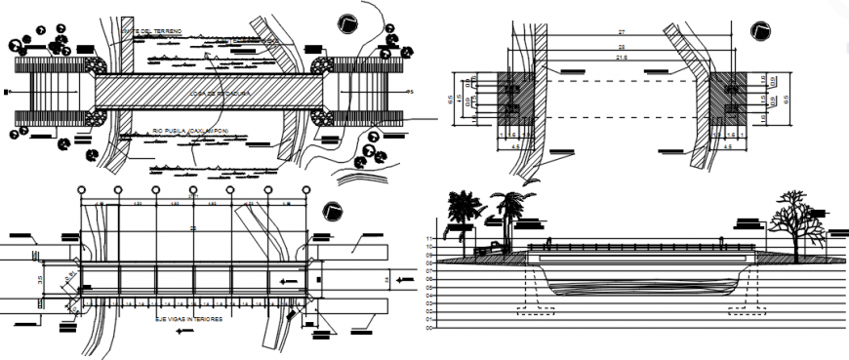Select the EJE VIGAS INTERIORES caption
pos(189,319)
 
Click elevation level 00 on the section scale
pos(428,327)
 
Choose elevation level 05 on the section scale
pos(428,287)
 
